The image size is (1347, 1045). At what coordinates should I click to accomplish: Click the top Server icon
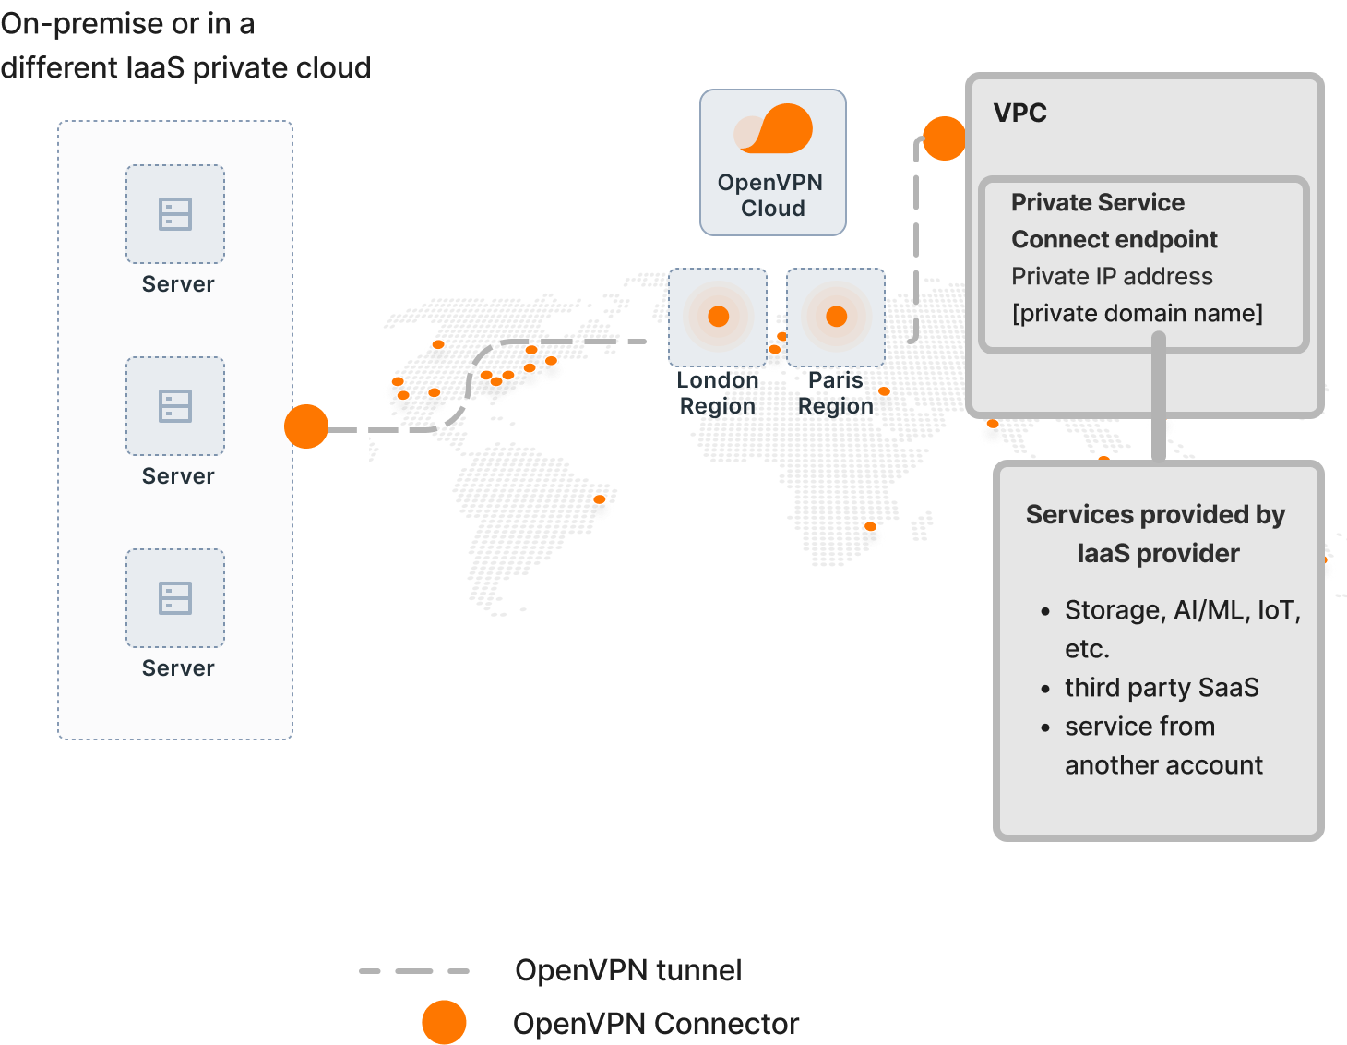pos(175,214)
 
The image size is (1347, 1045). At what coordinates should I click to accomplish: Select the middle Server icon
pos(175,406)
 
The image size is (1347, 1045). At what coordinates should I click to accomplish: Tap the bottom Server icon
pos(175,598)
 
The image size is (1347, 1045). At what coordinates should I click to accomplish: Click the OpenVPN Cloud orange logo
pos(774,129)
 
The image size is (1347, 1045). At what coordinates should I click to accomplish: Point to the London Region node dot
pos(718,317)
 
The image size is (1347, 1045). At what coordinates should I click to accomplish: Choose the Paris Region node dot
pos(836,317)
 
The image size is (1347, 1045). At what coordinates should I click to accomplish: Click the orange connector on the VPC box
pos(944,138)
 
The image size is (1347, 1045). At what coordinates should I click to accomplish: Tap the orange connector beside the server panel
pos(306,426)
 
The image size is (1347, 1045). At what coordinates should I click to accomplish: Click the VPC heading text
pos(1019,113)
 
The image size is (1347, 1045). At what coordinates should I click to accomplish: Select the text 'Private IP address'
pos(1112,276)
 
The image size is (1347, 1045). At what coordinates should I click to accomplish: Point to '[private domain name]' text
pos(1137,313)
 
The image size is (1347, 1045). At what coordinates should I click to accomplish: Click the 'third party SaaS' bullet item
pos(1162,688)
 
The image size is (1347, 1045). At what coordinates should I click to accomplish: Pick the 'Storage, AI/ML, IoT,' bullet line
pos(1182,610)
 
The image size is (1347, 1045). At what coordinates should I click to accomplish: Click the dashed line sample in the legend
pos(414,971)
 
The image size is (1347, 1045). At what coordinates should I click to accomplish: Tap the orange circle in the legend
pos(444,1023)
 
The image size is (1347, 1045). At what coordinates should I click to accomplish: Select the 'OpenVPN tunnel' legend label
pos(628,970)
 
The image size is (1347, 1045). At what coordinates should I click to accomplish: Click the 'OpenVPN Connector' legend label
pos(656,1024)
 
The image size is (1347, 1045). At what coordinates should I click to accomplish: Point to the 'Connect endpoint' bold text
pos(1115,239)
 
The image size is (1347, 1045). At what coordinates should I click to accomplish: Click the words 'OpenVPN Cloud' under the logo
pos(771,196)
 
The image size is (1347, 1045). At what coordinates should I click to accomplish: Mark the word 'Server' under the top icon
pos(178,284)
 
